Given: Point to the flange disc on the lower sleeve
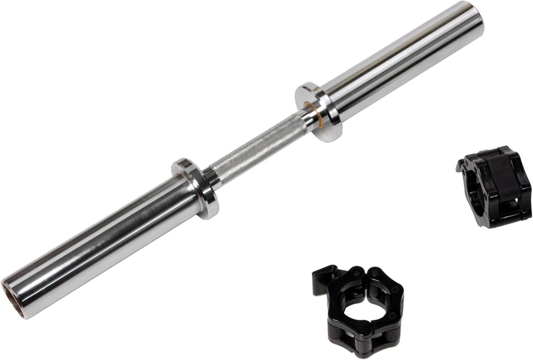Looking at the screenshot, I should (195, 188).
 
